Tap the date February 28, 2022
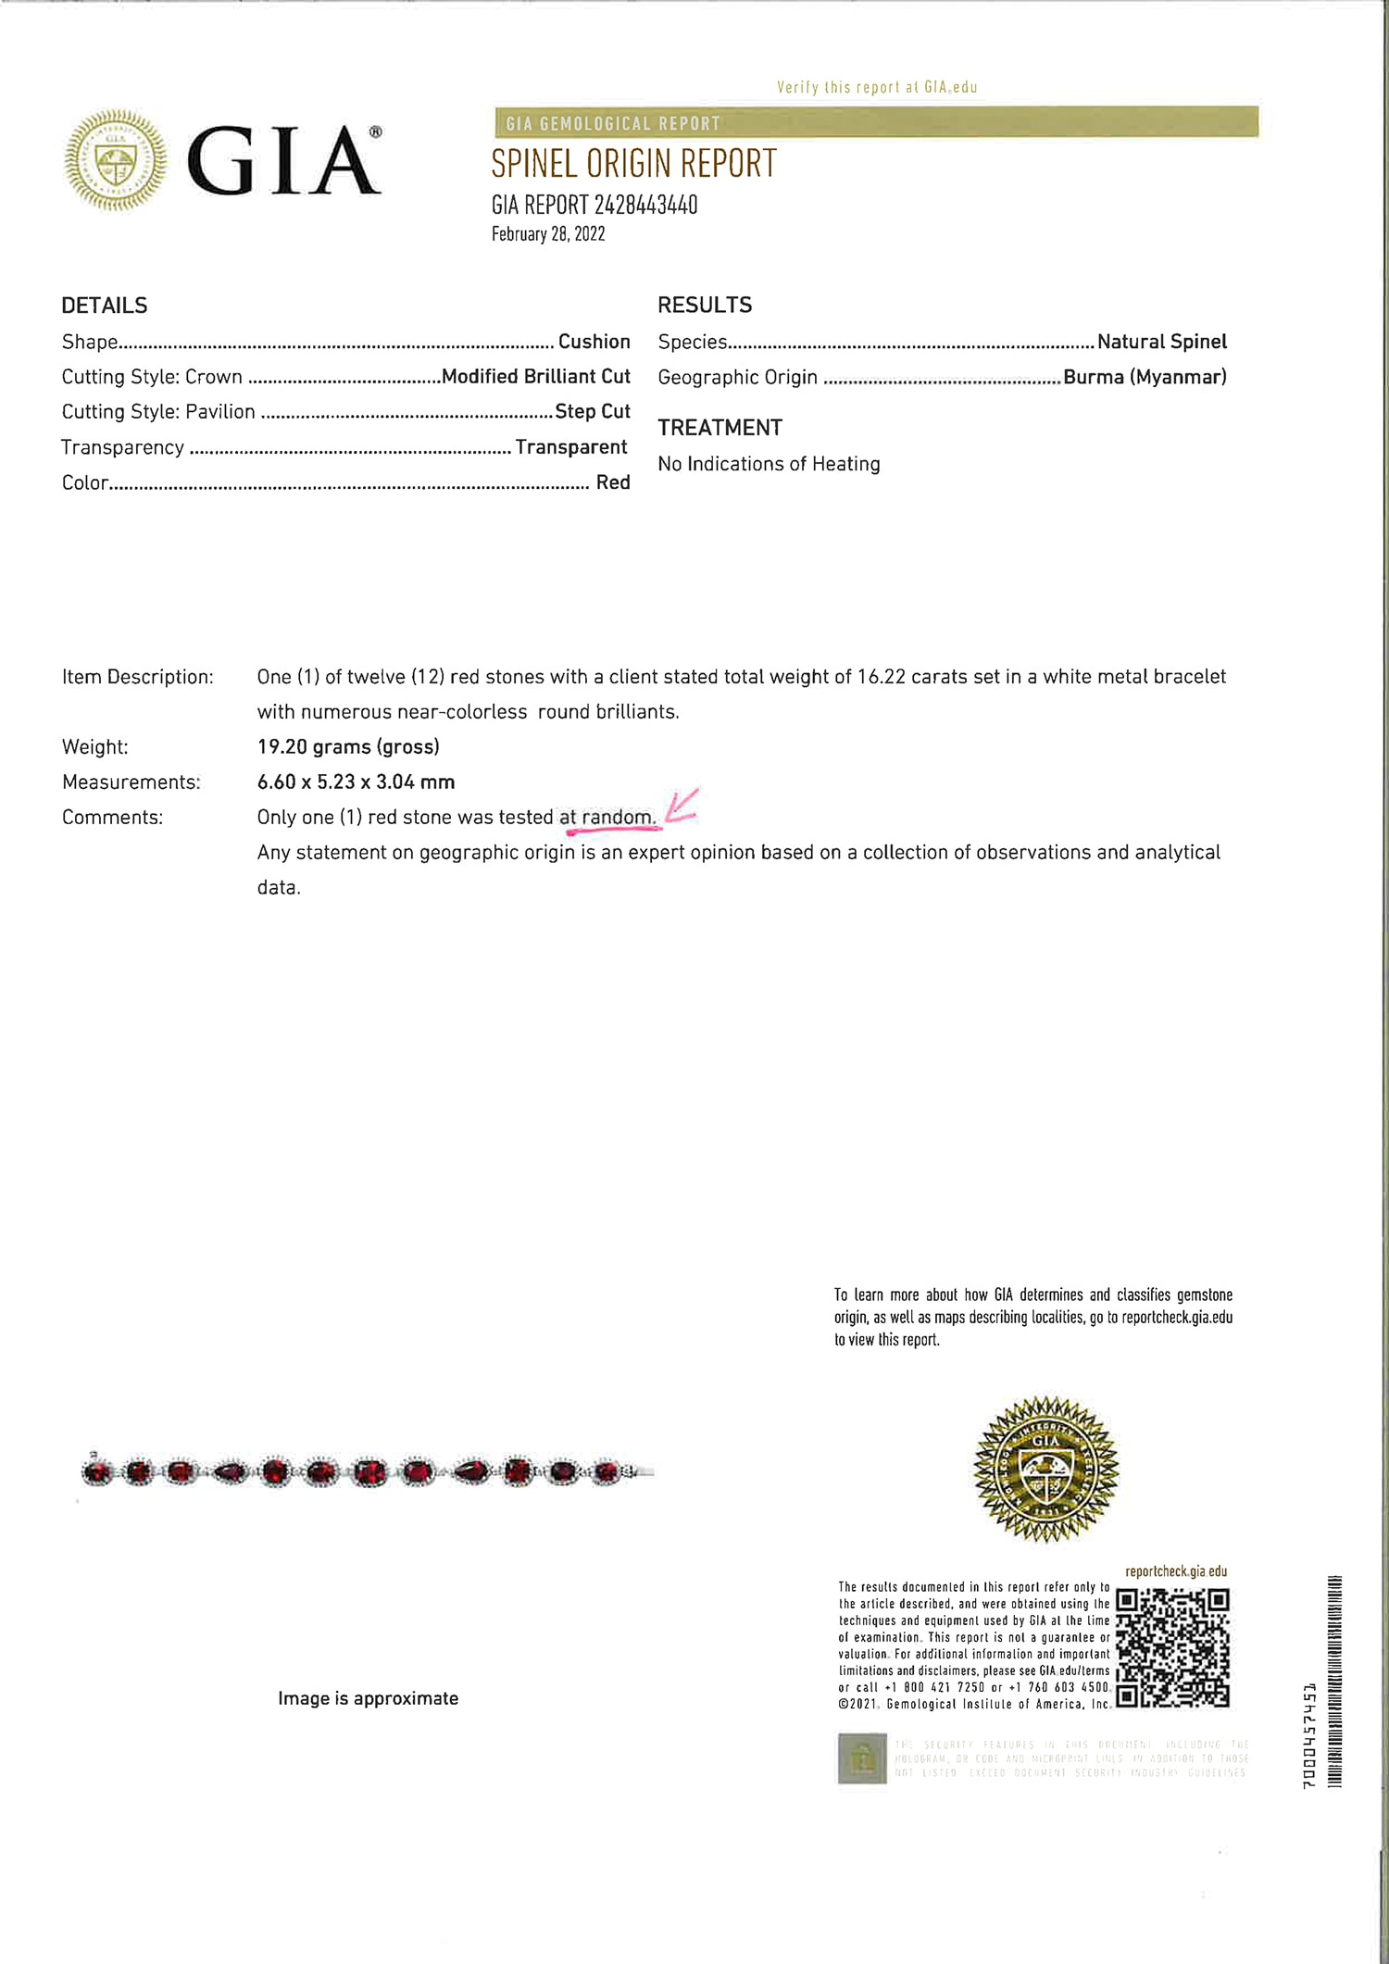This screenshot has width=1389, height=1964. pyautogui.click(x=548, y=234)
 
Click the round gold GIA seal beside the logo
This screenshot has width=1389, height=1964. pyautogui.click(x=117, y=160)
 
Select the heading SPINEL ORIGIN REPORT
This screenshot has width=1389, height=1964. pyautogui.click(x=633, y=164)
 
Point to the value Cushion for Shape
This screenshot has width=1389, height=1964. pyautogui.click(x=594, y=342)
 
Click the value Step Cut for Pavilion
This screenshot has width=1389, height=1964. pyautogui.click(x=593, y=411)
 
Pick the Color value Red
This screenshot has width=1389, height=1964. pyautogui.click(x=613, y=482)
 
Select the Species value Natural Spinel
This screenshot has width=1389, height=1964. pyautogui.click(x=1161, y=342)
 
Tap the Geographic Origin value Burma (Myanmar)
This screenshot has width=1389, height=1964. pyautogui.click(x=1145, y=377)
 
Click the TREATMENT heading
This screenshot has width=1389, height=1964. pyautogui.click(x=720, y=428)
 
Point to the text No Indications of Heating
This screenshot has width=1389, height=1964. pyautogui.click(x=769, y=464)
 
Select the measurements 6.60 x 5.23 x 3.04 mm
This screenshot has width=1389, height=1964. pyautogui.click(x=356, y=782)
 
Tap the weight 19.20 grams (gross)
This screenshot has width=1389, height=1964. pyautogui.click(x=348, y=746)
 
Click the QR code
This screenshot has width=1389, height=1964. pyautogui.click(x=1172, y=1647)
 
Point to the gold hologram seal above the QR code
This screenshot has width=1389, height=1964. pyautogui.click(x=1046, y=1469)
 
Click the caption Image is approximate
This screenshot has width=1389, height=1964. pyautogui.click(x=368, y=1698)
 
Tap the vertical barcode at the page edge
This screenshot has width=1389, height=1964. pyautogui.click(x=1334, y=1681)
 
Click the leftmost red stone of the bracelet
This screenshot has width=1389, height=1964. pyautogui.click(x=97, y=1471)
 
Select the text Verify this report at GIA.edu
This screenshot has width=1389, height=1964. pyautogui.click(x=877, y=87)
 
